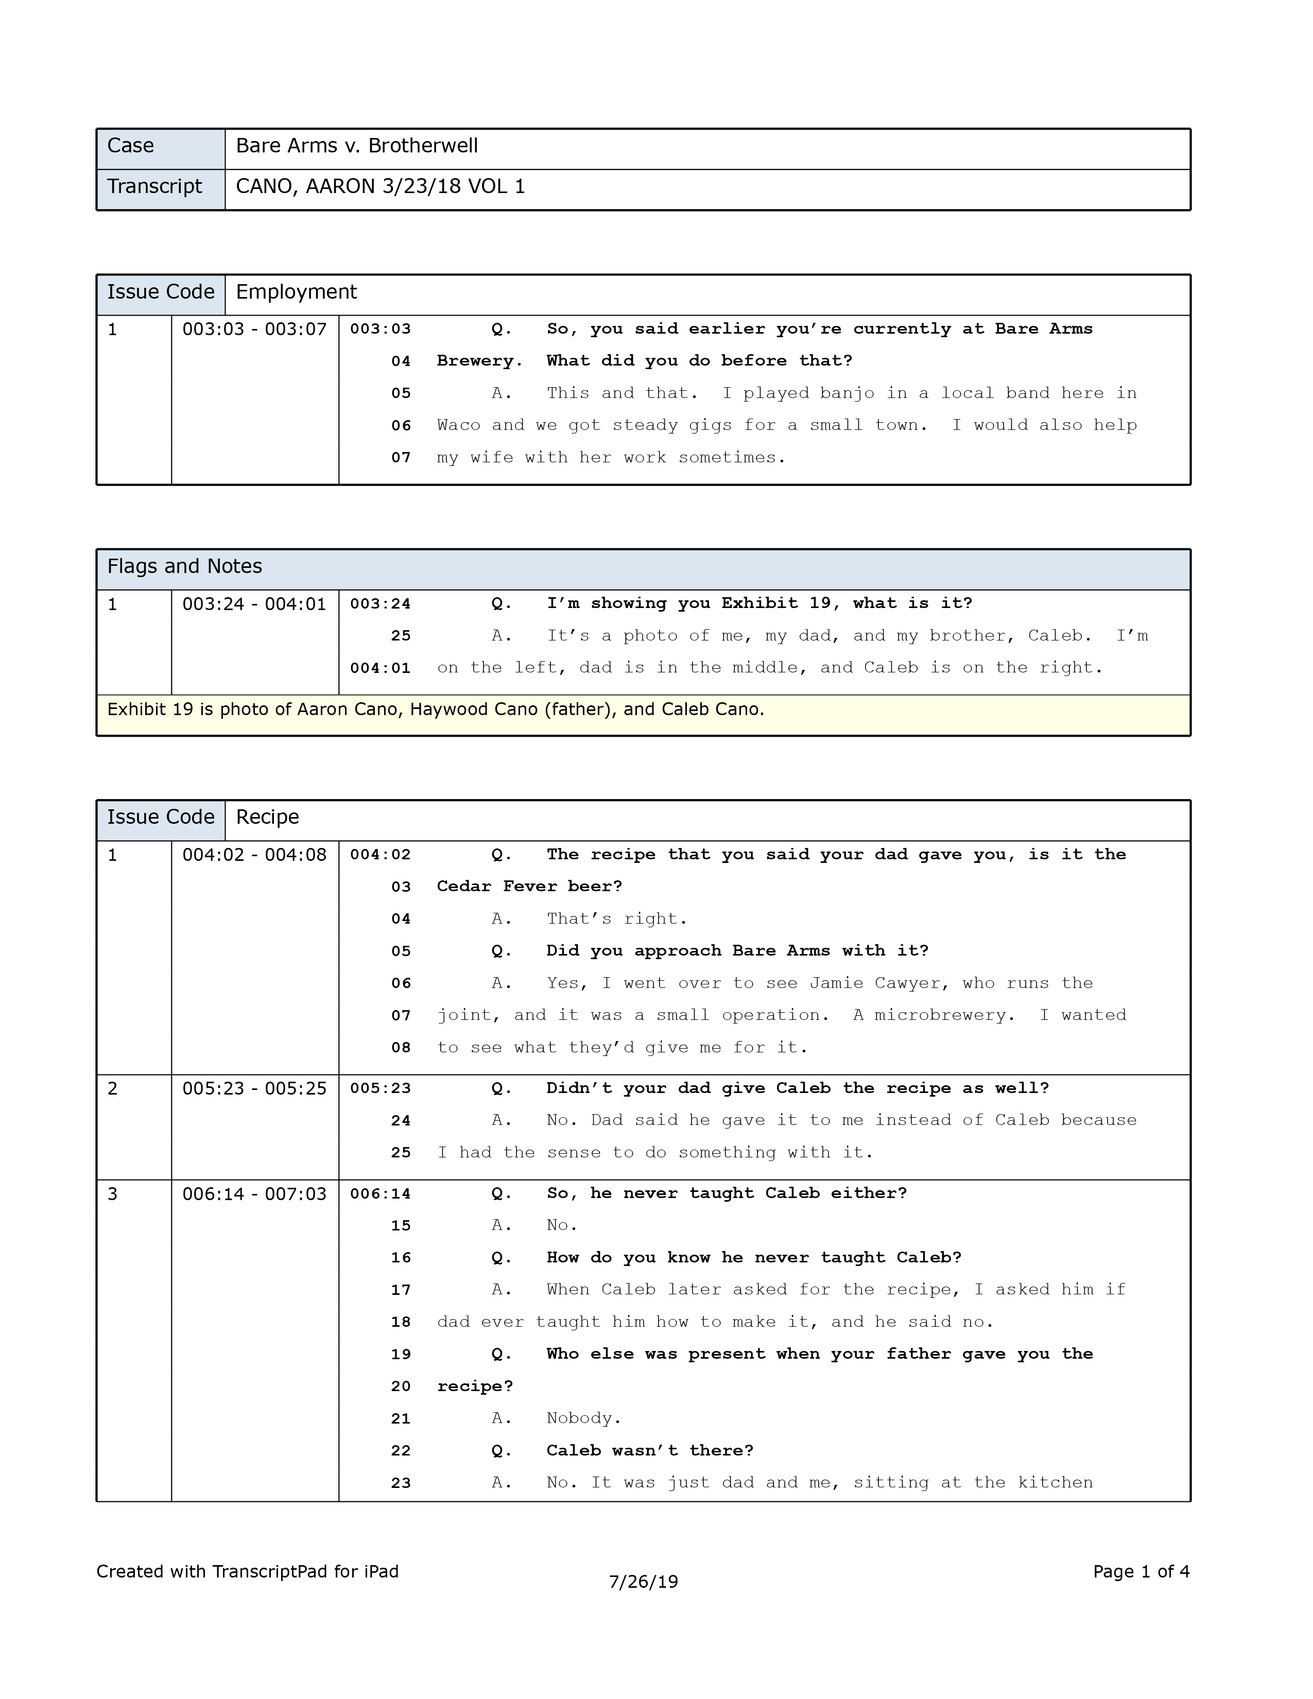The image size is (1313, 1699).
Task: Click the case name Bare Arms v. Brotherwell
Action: click(356, 146)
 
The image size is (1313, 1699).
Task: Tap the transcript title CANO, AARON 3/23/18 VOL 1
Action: click(381, 187)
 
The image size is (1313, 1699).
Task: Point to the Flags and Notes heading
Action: click(184, 566)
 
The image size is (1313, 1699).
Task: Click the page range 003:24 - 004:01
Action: click(254, 604)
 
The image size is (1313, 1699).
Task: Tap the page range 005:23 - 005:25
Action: click(254, 1089)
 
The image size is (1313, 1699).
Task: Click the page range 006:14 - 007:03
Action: click(254, 1194)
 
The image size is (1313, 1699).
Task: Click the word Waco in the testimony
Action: click(458, 426)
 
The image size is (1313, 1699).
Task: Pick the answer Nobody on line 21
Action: click(583, 1418)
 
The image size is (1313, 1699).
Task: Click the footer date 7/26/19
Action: click(643, 1582)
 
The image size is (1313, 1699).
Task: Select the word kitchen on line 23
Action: click(1056, 1483)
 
